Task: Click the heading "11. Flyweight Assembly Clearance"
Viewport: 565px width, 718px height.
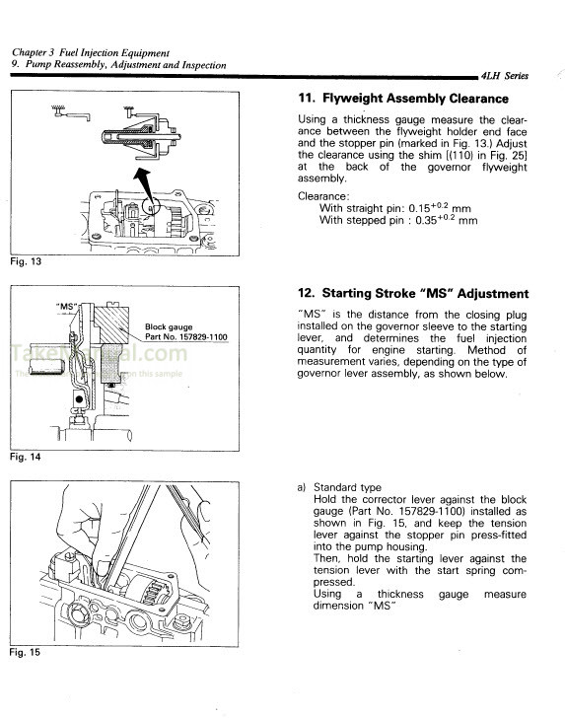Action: click(x=402, y=99)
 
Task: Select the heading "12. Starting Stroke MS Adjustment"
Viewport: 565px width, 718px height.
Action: click(x=412, y=294)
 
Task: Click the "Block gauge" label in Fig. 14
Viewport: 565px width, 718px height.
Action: click(x=169, y=326)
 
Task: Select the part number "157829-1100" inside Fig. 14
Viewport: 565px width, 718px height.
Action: click(x=200, y=337)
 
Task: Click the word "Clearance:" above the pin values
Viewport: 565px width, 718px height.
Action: click(x=323, y=196)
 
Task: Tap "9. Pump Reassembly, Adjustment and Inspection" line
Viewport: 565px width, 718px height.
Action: click(x=118, y=65)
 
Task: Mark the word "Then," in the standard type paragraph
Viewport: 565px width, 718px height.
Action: click(x=327, y=559)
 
